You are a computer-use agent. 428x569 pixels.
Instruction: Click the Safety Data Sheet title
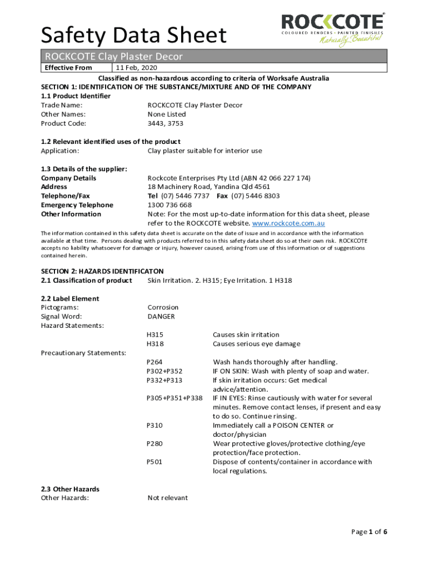[x=134, y=36]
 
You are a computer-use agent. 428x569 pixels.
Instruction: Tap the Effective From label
[x=68, y=68]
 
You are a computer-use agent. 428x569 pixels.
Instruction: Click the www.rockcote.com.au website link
[x=288, y=223]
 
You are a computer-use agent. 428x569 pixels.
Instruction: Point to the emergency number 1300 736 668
[x=170, y=205]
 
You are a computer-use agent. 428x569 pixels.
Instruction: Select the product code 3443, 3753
[x=165, y=123]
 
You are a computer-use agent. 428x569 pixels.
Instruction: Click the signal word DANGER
[x=161, y=317]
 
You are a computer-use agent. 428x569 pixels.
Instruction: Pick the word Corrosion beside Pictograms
[x=163, y=307]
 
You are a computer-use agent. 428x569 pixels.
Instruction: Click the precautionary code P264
[x=155, y=362]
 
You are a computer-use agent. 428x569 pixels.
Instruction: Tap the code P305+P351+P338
[x=175, y=398]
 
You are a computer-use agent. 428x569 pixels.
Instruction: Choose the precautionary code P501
[x=155, y=462]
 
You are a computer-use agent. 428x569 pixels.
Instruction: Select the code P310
[x=155, y=426]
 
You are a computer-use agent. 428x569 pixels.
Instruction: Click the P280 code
[x=155, y=443]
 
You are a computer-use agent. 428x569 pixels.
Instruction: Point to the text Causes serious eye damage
[x=256, y=344]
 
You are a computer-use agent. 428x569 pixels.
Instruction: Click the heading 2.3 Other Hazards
[x=70, y=489]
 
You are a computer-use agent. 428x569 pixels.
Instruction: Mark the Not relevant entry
[x=167, y=498]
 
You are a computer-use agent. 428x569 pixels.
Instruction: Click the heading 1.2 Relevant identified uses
[x=111, y=142]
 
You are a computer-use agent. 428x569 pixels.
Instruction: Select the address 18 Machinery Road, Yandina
[x=208, y=187]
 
